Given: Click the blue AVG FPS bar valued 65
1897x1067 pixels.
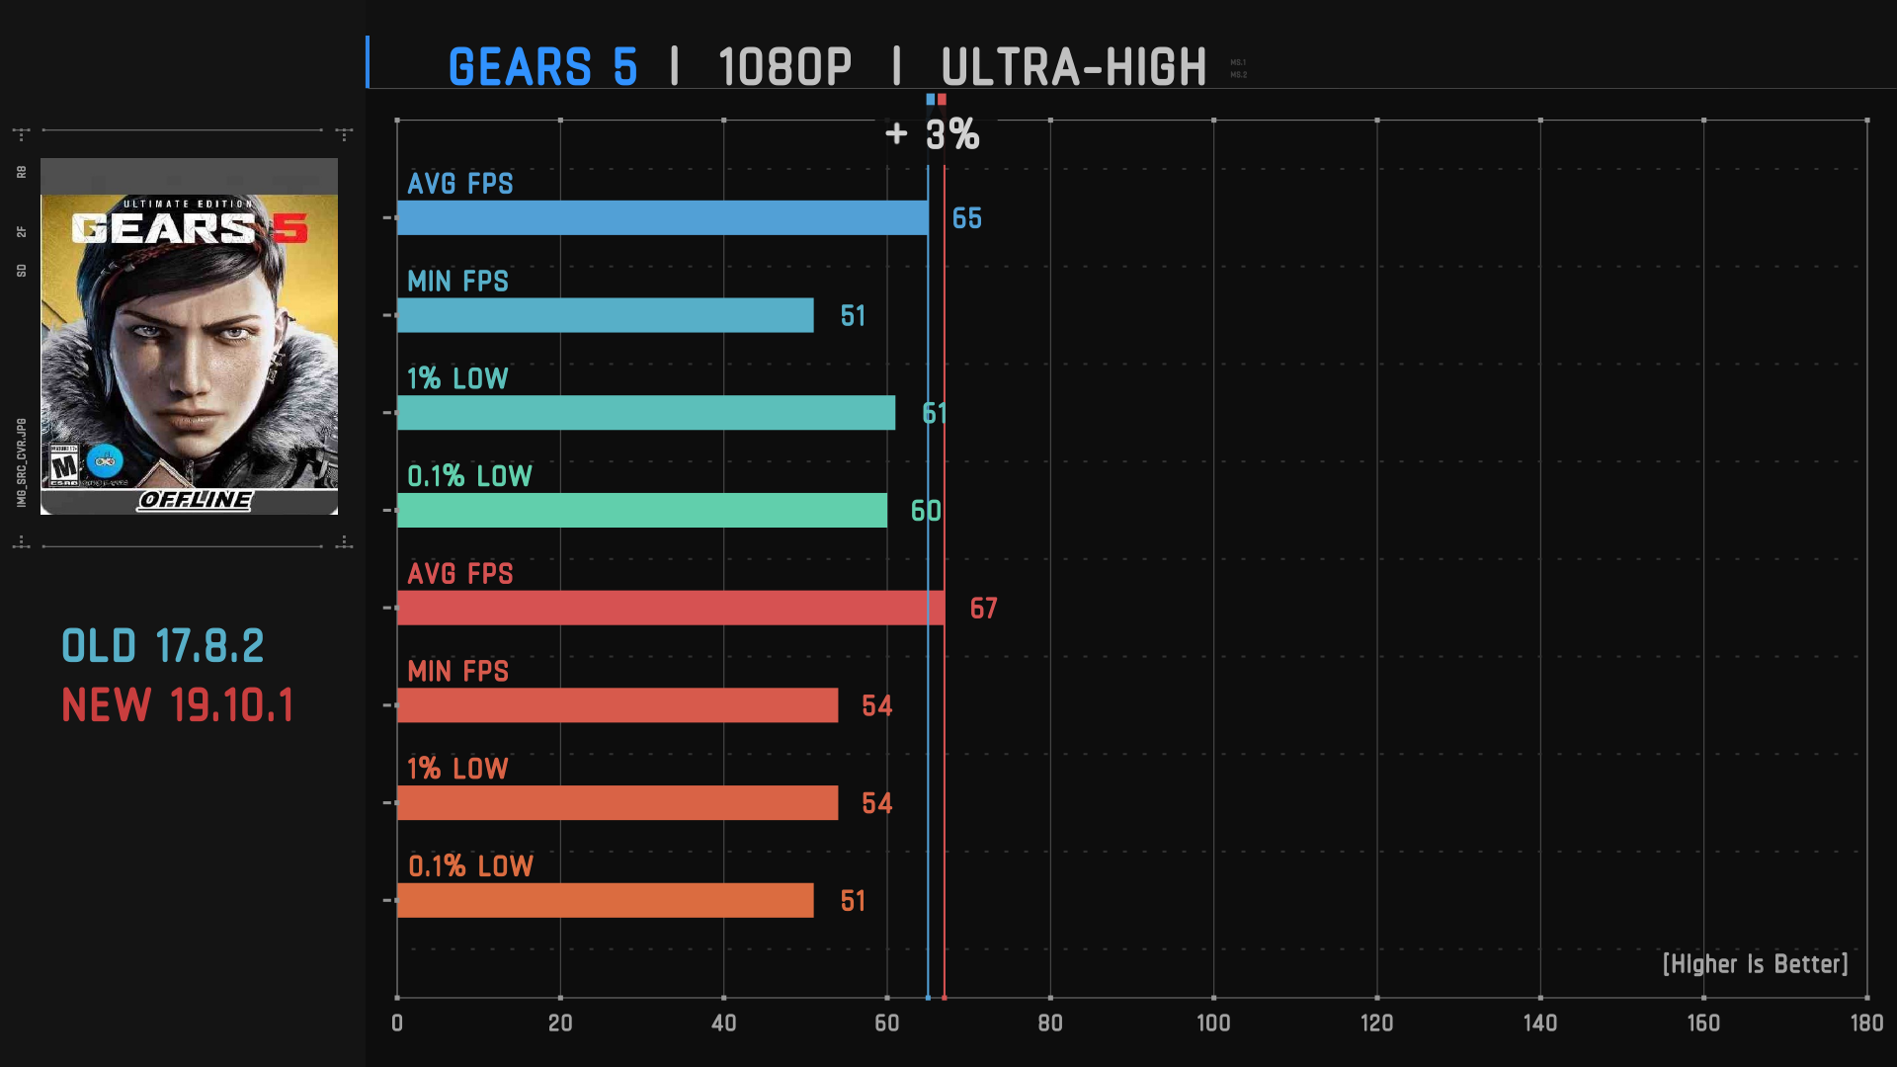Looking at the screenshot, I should [x=662, y=217].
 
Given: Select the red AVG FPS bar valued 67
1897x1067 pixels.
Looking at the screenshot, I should [x=670, y=608].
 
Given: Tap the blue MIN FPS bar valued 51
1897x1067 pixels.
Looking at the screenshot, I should [x=605, y=315].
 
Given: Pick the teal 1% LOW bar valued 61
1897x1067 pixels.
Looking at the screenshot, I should [x=645, y=413].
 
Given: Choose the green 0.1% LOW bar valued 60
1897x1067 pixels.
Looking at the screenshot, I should [x=641, y=511].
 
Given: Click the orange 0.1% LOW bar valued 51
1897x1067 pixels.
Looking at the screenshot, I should [x=605, y=900].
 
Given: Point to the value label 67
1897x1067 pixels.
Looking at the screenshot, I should [x=983, y=609].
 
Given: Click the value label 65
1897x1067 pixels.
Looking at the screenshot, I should [x=966, y=218].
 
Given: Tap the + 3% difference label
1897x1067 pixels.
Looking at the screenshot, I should [x=933, y=134].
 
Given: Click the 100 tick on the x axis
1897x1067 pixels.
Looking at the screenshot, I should [x=1213, y=1024].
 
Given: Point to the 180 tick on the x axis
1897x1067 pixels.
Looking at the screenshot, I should [x=1865, y=1024].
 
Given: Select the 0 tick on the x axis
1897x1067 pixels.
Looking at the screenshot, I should [x=397, y=1024].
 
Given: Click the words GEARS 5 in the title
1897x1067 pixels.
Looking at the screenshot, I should [x=542, y=67].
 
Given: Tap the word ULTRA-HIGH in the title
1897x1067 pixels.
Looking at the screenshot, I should [x=1073, y=67].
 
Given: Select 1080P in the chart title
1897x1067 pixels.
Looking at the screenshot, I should [x=784, y=67].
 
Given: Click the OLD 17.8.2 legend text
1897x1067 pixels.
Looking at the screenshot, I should [x=163, y=647].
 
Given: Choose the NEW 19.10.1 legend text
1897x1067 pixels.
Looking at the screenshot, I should [x=178, y=705].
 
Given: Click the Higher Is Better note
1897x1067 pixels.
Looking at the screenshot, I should [x=1755, y=964].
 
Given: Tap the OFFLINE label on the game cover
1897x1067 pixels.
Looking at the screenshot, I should [x=196, y=500].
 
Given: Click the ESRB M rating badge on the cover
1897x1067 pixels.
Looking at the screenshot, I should [x=64, y=465].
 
